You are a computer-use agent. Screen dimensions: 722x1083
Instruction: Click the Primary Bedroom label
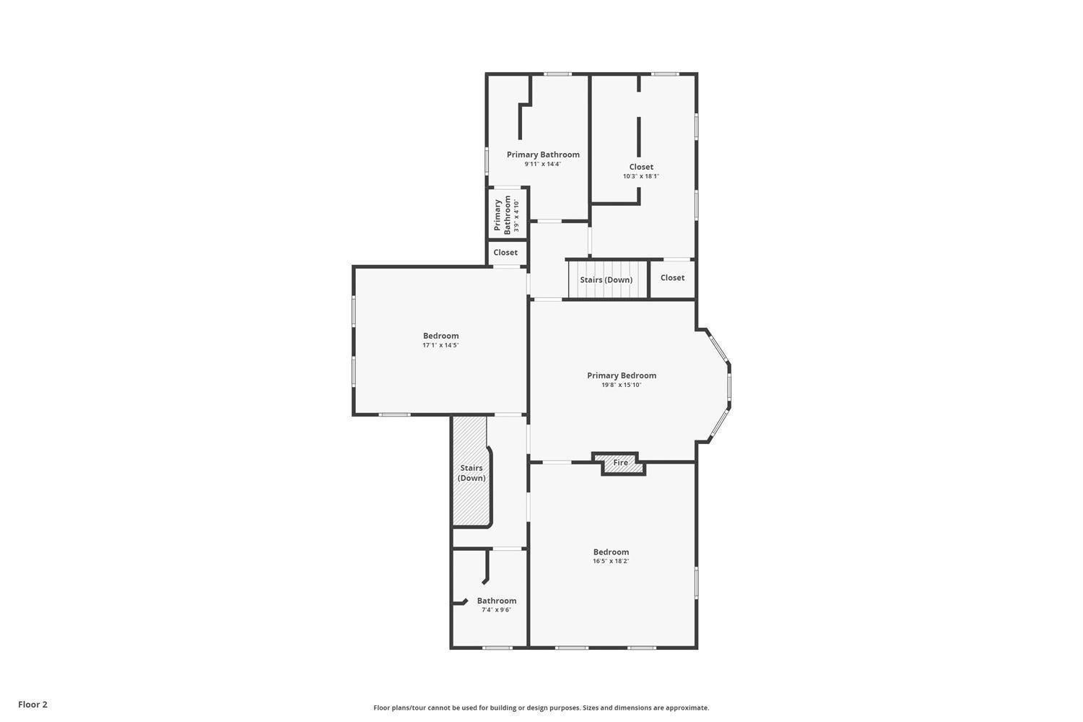tap(621, 375)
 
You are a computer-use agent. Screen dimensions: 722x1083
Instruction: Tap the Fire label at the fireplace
tap(621, 463)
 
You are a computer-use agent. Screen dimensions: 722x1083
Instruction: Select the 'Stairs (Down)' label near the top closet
tap(606, 280)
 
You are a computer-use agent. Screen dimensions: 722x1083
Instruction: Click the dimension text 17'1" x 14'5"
tap(440, 345)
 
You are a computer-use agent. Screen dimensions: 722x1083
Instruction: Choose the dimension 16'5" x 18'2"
tap(611, 561)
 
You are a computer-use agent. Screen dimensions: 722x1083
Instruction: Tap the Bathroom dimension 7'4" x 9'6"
tap(496, 610)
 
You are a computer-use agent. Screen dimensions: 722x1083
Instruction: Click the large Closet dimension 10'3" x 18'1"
tap(641, 176)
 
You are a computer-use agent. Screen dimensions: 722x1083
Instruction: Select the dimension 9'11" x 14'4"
tap(543, 164)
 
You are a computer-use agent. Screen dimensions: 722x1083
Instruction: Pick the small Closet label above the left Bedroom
tap(505, 253)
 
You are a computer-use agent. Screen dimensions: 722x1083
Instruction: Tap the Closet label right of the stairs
tap(672, 278)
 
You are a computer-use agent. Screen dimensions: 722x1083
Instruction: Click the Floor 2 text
tap(32, 705)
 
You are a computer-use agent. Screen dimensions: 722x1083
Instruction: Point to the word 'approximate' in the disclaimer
tap(687, 708)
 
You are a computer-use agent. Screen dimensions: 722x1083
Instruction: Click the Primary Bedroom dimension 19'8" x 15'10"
tap(621, 385)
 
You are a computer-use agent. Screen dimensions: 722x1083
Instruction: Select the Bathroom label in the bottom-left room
tap(496, 601)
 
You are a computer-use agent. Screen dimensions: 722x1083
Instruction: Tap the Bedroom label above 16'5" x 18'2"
tap(611, 552)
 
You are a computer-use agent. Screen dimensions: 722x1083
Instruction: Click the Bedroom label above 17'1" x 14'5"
tap(440, 336)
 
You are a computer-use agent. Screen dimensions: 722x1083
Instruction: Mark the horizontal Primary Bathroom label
tap(543, 155)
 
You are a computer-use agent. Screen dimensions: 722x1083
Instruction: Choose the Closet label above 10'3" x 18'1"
tap(641, 167)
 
